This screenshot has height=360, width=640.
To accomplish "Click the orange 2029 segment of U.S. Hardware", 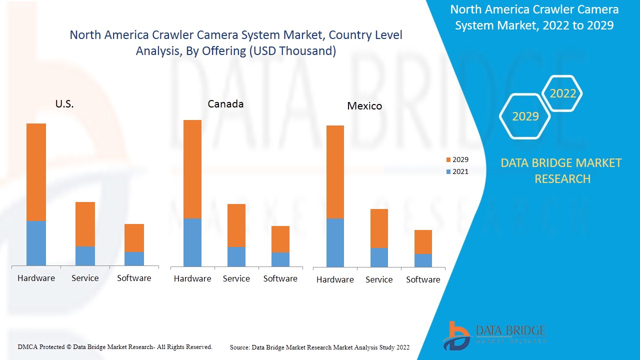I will click(36, 172).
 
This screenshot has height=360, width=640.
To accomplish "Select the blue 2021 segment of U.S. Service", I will click(85, 256).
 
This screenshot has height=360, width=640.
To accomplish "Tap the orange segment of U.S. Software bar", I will click(134, 238).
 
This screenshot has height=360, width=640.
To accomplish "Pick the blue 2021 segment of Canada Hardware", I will click(192, 242).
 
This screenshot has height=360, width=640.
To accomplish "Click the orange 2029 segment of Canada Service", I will click(236, 225).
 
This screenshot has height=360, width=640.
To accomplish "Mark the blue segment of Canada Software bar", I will click(280, 259).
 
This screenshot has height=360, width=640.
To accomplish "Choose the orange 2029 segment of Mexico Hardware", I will click(335, 172).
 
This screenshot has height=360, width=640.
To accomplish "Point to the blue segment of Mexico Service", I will click(379, 257).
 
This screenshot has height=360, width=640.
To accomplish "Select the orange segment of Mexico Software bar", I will click(423, 242).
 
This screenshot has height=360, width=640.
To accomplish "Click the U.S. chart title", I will click(64, 104).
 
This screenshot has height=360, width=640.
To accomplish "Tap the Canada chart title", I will click(225, 104).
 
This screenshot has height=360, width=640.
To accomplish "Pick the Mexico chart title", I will click(364, 106).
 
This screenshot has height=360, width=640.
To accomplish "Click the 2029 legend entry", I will click(457, 160).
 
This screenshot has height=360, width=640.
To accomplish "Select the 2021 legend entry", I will click(457, 171).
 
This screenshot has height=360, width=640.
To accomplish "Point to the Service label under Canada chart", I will click(236, 278).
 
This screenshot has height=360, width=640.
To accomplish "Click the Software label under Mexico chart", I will click(423, 279).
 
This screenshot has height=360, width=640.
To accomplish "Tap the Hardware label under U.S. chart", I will click(36, 278).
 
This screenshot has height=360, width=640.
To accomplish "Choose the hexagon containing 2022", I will click(562, 93).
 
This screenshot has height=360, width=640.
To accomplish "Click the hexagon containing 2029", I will click(525, 116).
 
